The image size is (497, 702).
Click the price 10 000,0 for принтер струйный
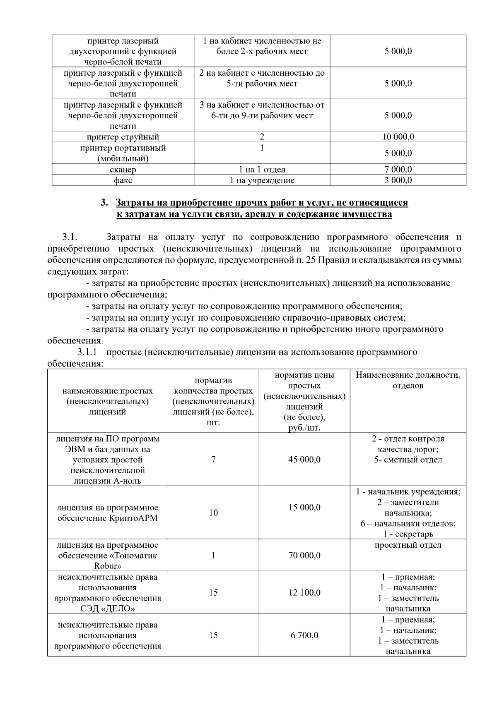point(398,137)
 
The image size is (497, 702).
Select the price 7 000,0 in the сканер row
point(398,169)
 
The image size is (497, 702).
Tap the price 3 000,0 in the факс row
point(398,180)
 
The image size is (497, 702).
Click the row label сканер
point(123,169)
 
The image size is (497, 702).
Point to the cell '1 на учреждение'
point(262,180)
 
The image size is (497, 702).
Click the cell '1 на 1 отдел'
point(262,169)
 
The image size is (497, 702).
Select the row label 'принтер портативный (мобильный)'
point(123,153)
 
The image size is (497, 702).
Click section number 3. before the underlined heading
point(104,203)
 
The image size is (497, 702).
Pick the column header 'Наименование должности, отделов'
point(408,380)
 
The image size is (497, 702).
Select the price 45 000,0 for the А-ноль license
point(304,460)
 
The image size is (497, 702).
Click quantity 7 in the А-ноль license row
point(213,460)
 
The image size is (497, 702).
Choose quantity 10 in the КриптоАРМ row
point(213,513)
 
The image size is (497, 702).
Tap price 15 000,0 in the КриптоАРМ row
point(304,508)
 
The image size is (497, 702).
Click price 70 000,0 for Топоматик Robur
point(304,556)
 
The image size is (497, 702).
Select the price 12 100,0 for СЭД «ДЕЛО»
point(304,593)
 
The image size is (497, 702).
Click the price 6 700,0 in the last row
point(304,635)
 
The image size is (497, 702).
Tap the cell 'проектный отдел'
point(408,545)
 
